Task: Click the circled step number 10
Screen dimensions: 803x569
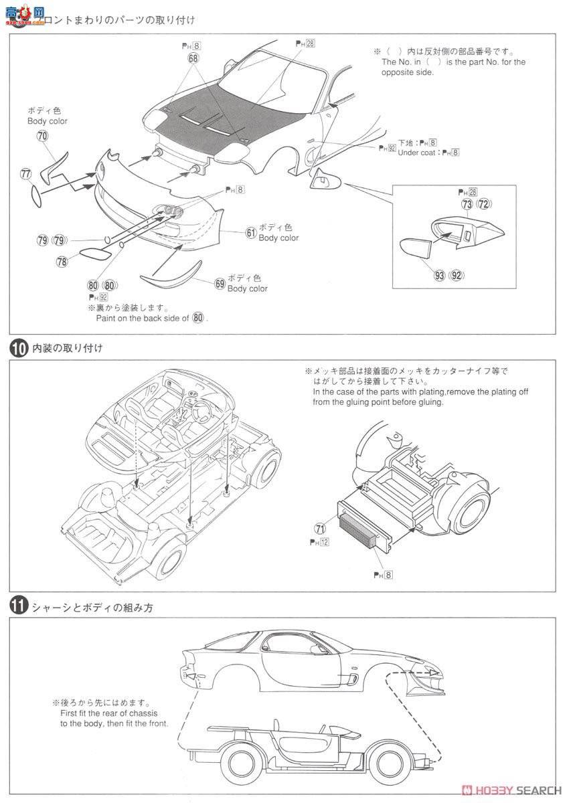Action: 18,349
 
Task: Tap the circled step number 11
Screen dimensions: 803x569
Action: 18,608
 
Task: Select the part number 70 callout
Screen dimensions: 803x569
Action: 43,135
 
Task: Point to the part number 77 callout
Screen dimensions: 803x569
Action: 26,175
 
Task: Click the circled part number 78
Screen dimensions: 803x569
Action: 62,262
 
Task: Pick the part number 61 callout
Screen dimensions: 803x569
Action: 251,233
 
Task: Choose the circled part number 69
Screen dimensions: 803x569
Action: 220,283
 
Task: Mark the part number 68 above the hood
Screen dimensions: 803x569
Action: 193,59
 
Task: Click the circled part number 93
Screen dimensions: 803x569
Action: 440,275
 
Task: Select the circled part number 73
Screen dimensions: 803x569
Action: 466,204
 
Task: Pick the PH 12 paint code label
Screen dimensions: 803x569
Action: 319,542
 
